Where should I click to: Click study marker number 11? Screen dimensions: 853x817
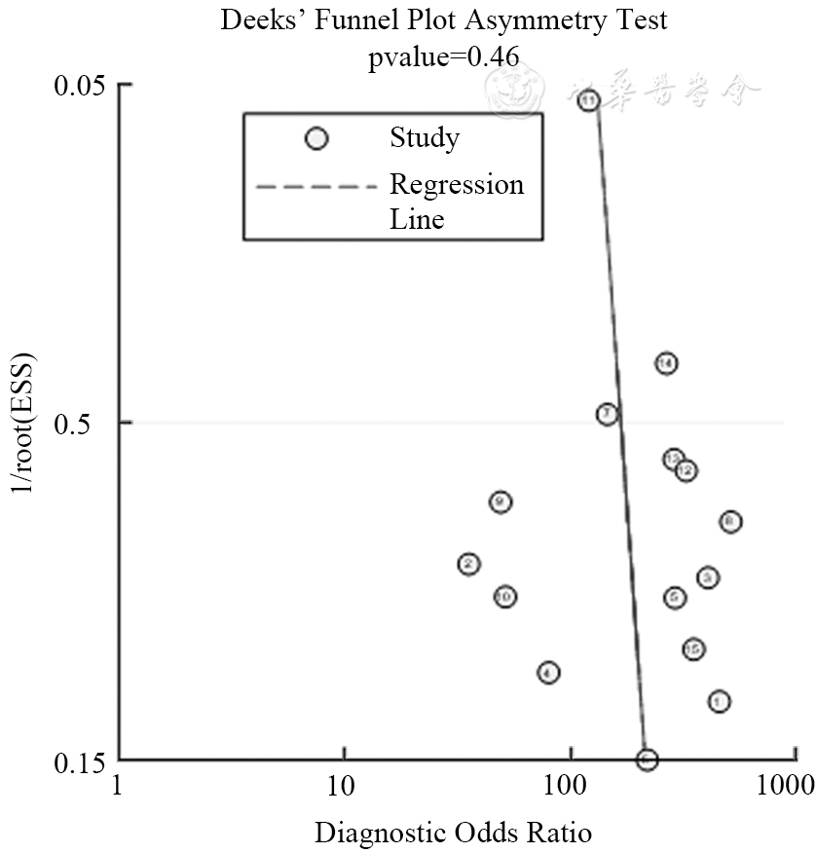[588, 100]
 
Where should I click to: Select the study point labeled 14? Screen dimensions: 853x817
[666, 363]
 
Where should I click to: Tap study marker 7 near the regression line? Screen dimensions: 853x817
[607, 414]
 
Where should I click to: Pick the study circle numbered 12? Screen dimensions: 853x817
[686, 470]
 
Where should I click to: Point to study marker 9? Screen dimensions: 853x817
[501, 501]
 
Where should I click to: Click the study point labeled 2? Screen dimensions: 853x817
[469, 564]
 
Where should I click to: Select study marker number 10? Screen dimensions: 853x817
[504, 597]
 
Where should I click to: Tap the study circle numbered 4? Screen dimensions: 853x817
[548, 672]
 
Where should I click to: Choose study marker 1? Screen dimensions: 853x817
[720, 701]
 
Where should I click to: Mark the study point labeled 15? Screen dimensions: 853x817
[693, 649]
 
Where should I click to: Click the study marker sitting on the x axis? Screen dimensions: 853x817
[648, 760]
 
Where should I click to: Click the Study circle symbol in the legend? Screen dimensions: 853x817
[316, 139]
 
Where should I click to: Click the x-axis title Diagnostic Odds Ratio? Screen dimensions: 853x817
[453, 834]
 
